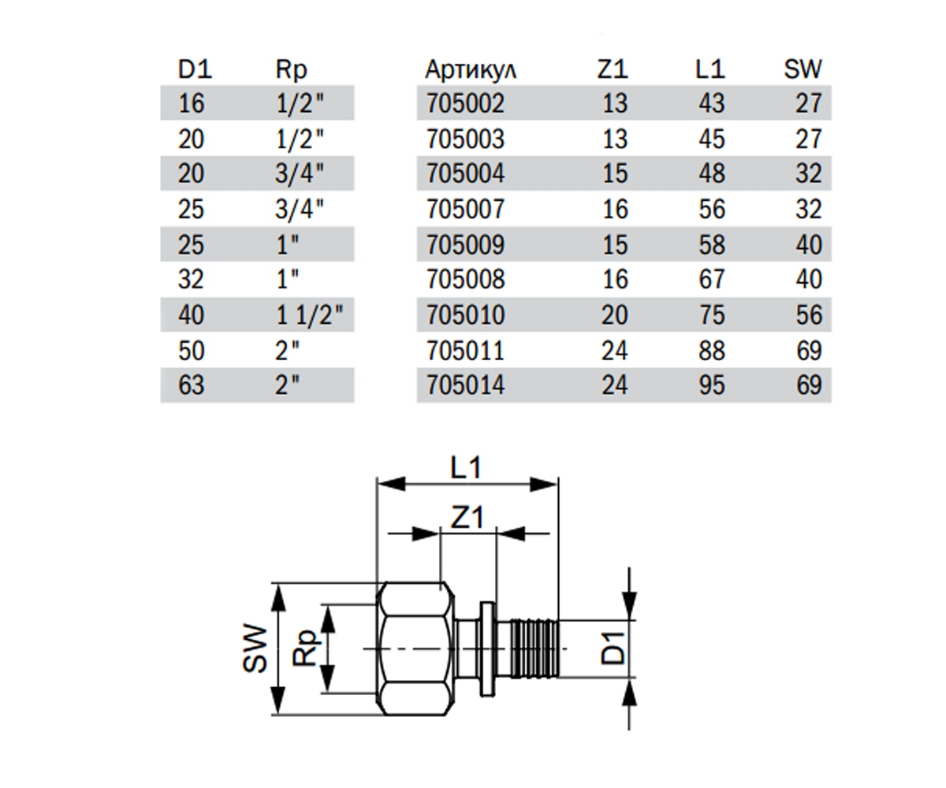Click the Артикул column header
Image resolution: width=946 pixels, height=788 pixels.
point(471,70)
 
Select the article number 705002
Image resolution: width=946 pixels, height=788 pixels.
point(465,103)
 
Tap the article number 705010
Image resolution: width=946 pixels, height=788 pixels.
point(465,315)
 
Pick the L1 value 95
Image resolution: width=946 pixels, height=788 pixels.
point(712,385)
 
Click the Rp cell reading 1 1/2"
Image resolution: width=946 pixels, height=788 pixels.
point(310,315)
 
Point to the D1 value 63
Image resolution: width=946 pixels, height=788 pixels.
point(192,385)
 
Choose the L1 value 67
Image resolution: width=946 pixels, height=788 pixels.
point(712,280)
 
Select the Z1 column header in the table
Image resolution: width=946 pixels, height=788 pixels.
point(613,70)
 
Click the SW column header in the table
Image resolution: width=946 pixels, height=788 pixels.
point(803,70)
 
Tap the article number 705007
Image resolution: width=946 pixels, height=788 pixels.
point(465,210)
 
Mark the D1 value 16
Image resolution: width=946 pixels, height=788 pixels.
point(192,103)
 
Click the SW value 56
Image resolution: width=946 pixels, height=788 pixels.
point(809,315)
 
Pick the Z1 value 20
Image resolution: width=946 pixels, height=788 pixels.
point(615,315)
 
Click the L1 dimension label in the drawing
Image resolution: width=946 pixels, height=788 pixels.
point(466,468)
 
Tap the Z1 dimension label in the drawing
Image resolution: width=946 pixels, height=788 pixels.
point(467,517)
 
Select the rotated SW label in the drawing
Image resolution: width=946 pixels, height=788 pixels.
point(255,648)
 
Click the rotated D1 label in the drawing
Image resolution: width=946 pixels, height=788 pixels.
point(613,649)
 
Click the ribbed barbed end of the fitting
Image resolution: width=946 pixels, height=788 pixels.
point(534,649)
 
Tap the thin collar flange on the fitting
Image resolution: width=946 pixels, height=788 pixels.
point(487,649)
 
